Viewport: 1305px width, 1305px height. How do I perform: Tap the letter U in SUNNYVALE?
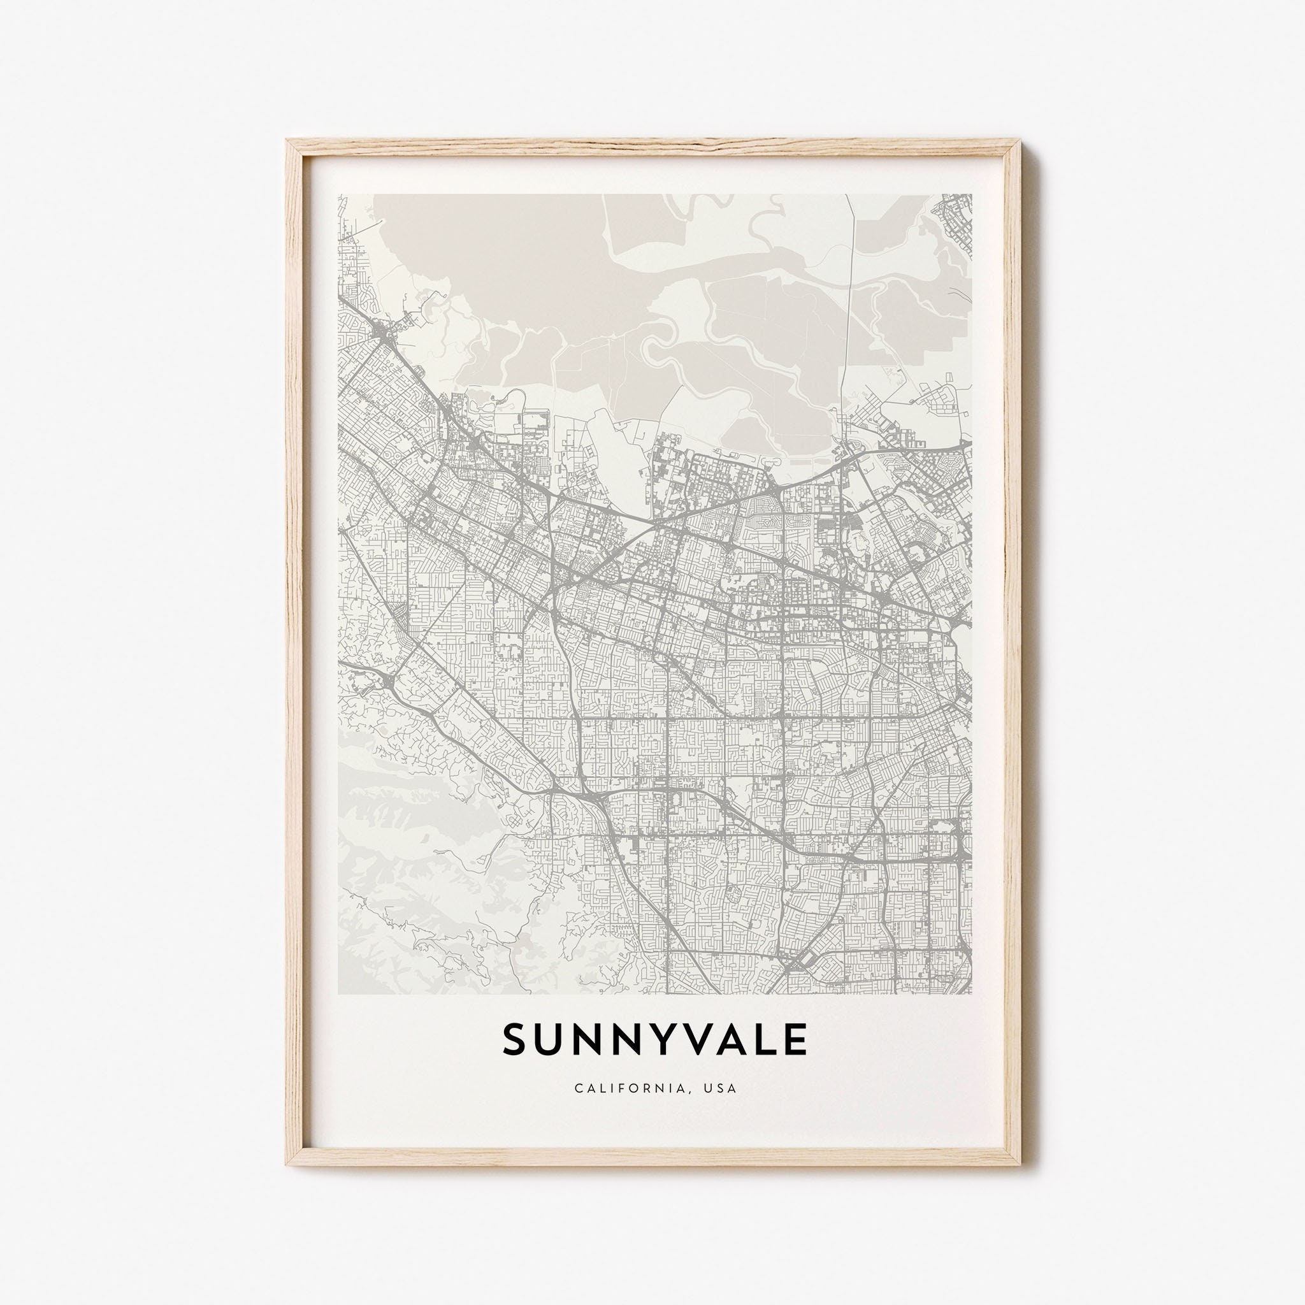549,1058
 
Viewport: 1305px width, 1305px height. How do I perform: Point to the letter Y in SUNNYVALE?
663,1058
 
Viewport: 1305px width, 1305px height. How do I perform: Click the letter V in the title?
698,1058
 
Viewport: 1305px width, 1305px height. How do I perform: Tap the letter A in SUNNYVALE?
735,1058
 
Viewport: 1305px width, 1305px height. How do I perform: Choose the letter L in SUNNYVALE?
768,1058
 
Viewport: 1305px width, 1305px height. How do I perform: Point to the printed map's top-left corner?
338,194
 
